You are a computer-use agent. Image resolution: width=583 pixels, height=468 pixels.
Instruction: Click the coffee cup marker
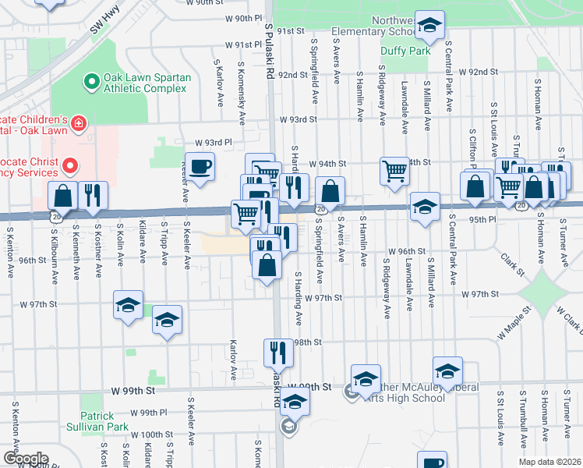[201, 167]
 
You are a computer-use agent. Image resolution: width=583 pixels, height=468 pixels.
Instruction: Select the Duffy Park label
[405, 51]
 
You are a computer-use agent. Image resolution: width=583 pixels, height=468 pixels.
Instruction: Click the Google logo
[25, 459]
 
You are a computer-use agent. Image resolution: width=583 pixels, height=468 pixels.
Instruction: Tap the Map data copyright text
[550, 462]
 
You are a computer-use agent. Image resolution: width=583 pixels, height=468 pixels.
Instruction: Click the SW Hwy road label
[108, 22]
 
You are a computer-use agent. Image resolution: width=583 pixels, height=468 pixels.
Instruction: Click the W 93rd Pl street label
[214, 143]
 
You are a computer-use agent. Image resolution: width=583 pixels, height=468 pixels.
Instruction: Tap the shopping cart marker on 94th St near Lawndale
[395, 169]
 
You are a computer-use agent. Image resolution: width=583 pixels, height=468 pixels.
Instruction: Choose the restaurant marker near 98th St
[278, 353]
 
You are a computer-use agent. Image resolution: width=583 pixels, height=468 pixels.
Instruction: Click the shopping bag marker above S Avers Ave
[330, 190]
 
